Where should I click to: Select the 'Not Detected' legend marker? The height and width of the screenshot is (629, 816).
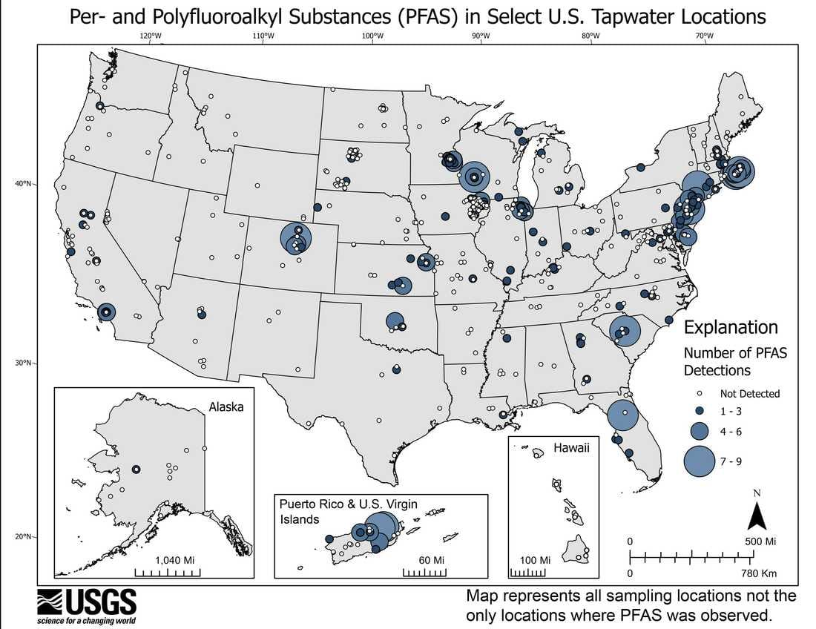tap(699, 394)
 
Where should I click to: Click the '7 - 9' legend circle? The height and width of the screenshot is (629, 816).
tap(700, 461)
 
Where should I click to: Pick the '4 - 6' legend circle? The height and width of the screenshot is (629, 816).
tap(700, 431)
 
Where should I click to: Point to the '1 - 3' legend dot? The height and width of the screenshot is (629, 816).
tap(699, 410)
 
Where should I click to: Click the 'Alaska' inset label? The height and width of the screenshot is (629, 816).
tap(226, 407)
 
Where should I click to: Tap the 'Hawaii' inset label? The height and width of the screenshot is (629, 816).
tap(571, 449)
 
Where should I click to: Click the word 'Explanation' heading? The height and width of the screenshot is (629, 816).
tap(731, 327)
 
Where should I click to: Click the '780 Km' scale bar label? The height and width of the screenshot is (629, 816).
tap(757, 573)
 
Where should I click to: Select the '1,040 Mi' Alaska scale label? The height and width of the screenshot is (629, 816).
tap(174, 560)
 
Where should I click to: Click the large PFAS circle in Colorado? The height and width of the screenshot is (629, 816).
tap(297, 238)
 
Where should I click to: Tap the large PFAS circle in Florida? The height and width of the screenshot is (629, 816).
tap(623, 415)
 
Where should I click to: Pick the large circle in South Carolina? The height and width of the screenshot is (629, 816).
tap(625, 331)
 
